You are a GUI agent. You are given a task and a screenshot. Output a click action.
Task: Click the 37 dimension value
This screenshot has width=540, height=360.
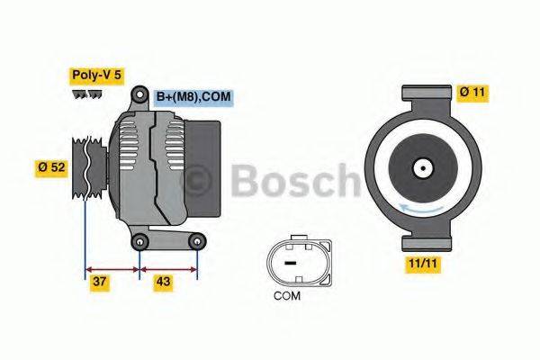101,283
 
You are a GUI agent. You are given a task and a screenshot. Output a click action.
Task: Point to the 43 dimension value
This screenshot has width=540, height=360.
163,283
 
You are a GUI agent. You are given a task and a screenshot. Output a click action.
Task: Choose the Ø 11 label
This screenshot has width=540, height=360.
473,91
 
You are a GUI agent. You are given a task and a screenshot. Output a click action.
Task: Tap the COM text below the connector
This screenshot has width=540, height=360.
288,295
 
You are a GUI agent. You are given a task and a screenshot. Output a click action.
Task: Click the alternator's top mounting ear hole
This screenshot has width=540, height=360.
139,94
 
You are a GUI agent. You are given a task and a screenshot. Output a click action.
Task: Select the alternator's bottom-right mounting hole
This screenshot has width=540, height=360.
196,240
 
